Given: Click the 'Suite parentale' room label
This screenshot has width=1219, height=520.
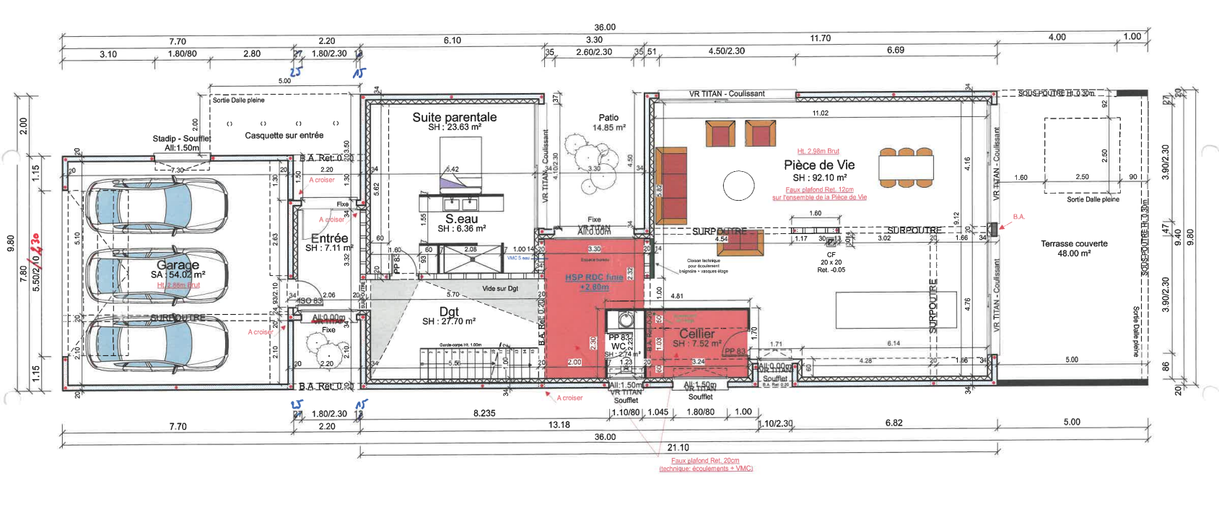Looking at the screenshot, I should coord(454,117).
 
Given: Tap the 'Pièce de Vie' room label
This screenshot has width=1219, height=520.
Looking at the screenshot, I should coord(819,165).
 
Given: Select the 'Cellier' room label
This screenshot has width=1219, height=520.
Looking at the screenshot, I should coord(696,334).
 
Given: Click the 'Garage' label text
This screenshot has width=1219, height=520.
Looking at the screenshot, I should coord(178,265).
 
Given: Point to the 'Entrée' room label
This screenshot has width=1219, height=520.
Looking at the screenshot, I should coord(329,238).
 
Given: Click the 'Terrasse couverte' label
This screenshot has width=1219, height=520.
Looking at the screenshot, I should coord(1074,243).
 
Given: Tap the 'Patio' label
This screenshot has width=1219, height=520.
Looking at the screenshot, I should coord(608,117).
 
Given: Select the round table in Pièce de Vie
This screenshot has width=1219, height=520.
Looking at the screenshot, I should coord(738,186).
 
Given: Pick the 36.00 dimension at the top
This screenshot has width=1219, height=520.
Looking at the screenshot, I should coord(605,27).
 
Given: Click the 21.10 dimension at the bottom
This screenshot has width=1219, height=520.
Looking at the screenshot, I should coord(678,448).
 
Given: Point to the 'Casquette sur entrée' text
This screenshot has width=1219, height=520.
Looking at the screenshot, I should coord(284,135).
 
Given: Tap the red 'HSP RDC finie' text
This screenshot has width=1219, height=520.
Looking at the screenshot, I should coord(594,277).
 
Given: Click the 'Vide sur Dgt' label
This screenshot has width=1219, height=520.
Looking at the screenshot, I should coord(499,288).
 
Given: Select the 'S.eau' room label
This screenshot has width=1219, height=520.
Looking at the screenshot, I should coord(461,219).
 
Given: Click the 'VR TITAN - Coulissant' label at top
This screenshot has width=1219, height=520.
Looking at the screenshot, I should coord(726,93).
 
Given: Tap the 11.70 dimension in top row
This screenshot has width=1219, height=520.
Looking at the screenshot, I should coord(820,38).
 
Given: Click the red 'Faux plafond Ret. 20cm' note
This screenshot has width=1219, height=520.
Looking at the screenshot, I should coord(705,460).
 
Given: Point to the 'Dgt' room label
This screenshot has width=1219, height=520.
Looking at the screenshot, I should coord(449,311).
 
